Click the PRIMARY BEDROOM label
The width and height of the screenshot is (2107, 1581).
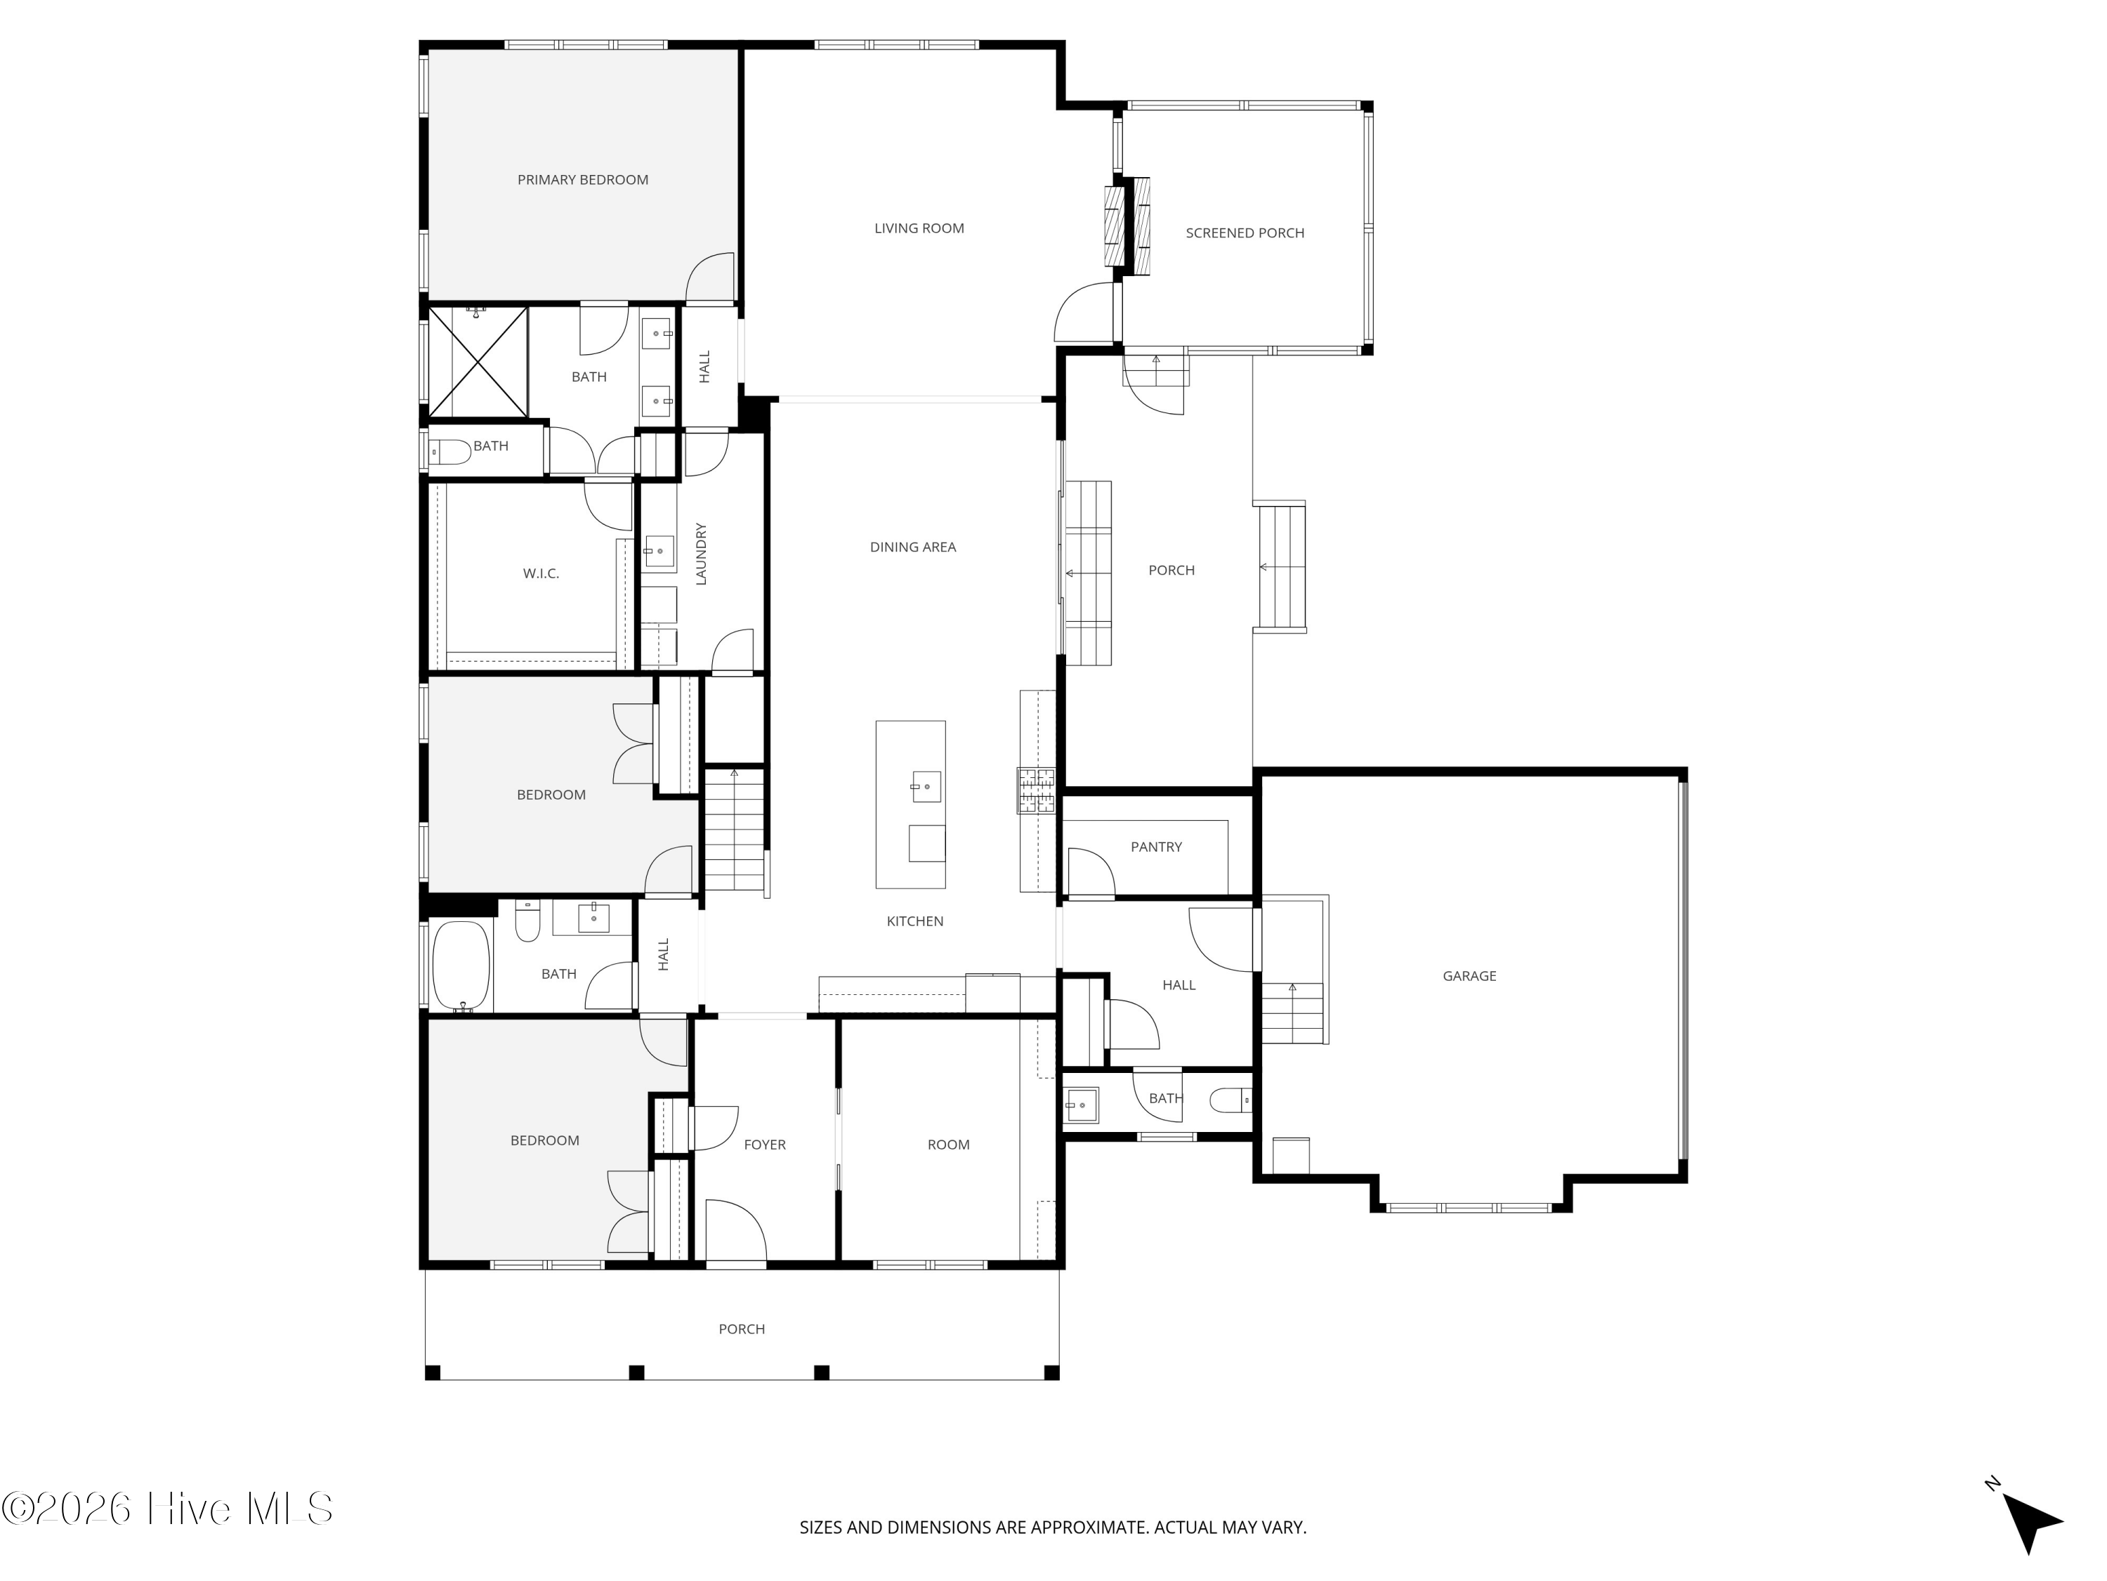pyautogui.click(x=582, y=180)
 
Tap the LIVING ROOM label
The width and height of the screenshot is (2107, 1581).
pyautogui.click(x=919, y=228)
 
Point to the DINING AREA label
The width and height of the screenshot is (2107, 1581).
pyautogui.click(x=912, y=547)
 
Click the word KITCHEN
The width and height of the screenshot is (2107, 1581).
pyautogui.click(x=914, y=921)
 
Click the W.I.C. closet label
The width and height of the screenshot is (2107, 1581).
pyautogui.click(x=540, y=573)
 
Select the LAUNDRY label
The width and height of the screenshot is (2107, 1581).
pyautogui.click(x=701, y=554)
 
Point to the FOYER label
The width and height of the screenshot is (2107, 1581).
pyautogui.click(x=765, y=1145)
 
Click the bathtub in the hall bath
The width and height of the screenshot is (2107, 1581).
pyautogui.click(x=462, y=965)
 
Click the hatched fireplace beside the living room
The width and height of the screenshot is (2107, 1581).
pyautogui.click(x=1127, y=225)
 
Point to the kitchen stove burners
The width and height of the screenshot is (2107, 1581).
pyautogui.click(x=1037, y=790)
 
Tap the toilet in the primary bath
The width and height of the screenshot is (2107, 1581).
pyautogui.click(x=449, y=452)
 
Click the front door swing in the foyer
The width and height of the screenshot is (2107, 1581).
pyautogui.click(x=736, y=1230)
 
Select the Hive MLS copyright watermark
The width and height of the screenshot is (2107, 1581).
pyautogui.click(x=168, y=1509)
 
